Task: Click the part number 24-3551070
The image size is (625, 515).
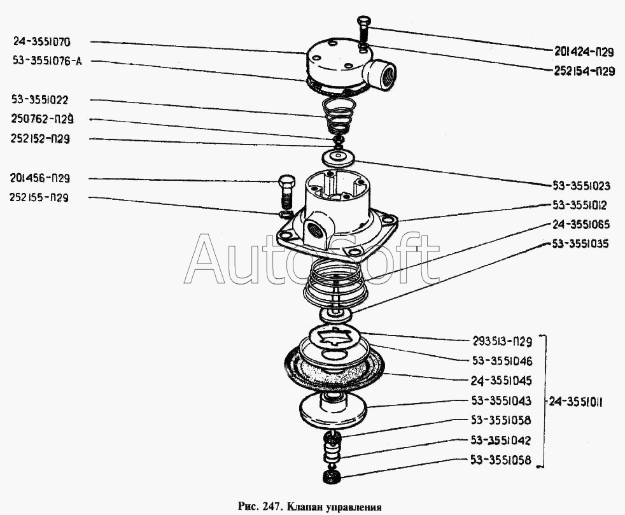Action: coord(50,42)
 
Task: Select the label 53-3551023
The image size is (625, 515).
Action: coord(581,187)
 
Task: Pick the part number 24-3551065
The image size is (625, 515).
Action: coord(581,224)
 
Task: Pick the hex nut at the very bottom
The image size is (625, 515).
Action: coord(332,475)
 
